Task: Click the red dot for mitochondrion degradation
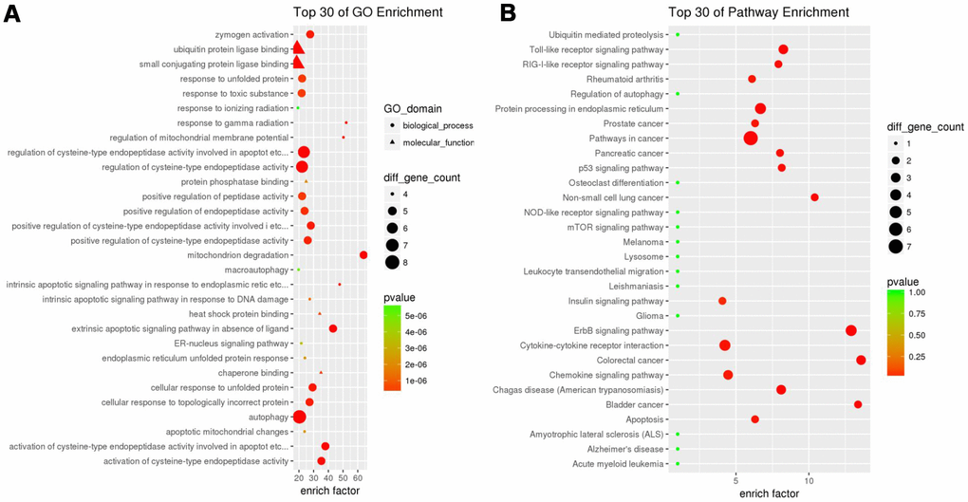363,255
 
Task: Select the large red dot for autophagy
300,417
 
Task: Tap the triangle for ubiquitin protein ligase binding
298,48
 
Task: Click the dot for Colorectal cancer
861,360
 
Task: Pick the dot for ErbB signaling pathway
851,330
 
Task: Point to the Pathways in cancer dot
751,138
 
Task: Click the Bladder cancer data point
858,404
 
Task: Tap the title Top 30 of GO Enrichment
350,11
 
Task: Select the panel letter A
12,14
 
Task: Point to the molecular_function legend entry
437,142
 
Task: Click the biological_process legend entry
437,125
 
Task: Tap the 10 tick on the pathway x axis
809,480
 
